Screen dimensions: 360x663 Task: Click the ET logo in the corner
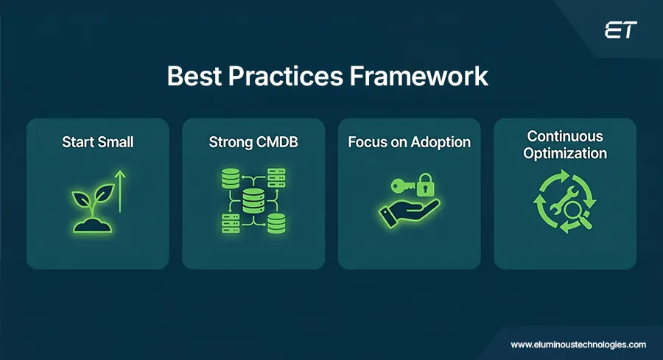[x=620, y=30]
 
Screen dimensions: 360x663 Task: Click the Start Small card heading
[x=98, y=142]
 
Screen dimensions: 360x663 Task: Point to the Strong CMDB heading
[x=253, y=142]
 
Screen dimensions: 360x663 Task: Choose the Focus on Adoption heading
[x=409, y=142]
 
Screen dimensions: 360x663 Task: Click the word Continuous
[x=565, y=137]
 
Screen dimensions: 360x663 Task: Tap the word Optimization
[x=565, y=153]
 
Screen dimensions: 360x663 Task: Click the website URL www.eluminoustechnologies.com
[x=578, y=344]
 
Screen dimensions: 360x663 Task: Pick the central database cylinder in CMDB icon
[x=253, y=200]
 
